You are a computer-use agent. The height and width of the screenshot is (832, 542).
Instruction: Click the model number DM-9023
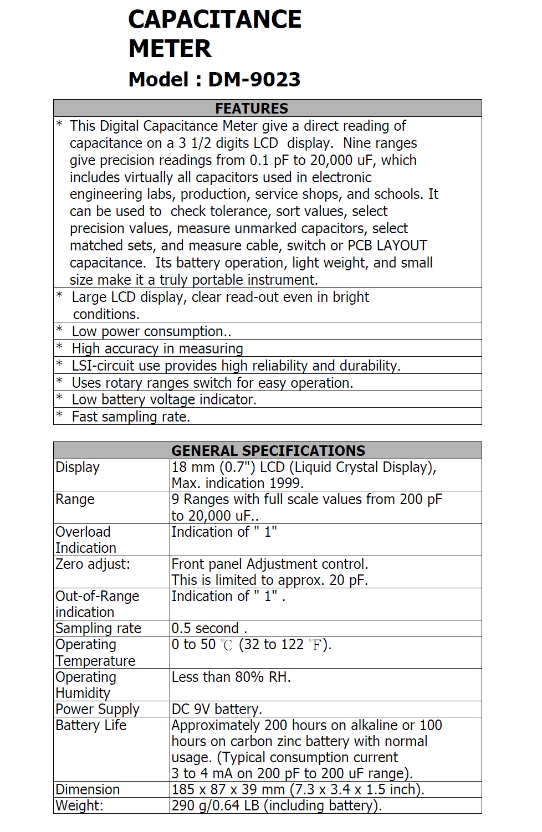(254, 80)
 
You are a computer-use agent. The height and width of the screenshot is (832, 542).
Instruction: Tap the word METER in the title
(170, 49)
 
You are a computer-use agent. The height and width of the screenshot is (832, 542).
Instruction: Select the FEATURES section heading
(252, 109)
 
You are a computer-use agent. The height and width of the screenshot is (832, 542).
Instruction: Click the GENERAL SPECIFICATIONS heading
(268, 451)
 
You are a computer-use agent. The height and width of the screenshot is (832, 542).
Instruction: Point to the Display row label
(78, 468)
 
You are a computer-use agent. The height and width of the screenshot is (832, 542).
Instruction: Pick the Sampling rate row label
(98, 628)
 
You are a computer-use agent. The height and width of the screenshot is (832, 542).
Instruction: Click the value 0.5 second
(206, 628)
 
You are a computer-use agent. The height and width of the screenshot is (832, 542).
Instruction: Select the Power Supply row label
(97, 709)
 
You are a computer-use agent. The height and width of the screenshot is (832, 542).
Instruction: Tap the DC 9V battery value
(217, 709)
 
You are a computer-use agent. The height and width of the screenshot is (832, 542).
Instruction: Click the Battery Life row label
(91, 725)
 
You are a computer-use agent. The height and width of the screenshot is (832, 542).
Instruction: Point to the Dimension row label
(88, 789)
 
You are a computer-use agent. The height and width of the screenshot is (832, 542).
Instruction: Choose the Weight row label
(79, 805)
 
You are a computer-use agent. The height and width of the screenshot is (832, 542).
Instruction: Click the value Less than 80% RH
(231, 677)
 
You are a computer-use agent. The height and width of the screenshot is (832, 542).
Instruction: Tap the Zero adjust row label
(93, 564)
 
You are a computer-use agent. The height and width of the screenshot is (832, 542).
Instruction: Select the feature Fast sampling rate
(131, 417)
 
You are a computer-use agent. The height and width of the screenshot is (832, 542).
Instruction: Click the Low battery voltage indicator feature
(164, 399)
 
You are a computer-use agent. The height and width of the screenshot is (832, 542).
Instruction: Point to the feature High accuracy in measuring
(157, 348)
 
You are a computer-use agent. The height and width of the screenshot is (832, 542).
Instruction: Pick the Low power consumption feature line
(151, 331)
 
